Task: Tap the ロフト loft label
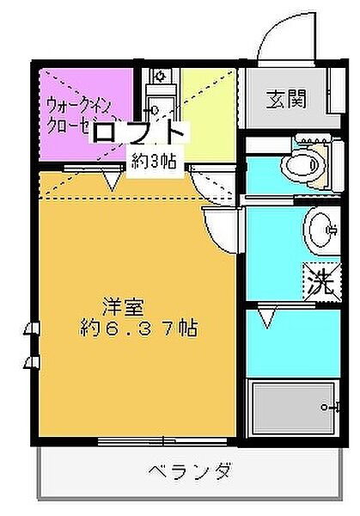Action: [137, 133]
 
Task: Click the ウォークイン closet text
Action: [79, 110]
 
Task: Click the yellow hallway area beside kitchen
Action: [207, 103]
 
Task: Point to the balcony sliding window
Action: [163, 441]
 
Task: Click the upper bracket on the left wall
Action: [32, 328]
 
